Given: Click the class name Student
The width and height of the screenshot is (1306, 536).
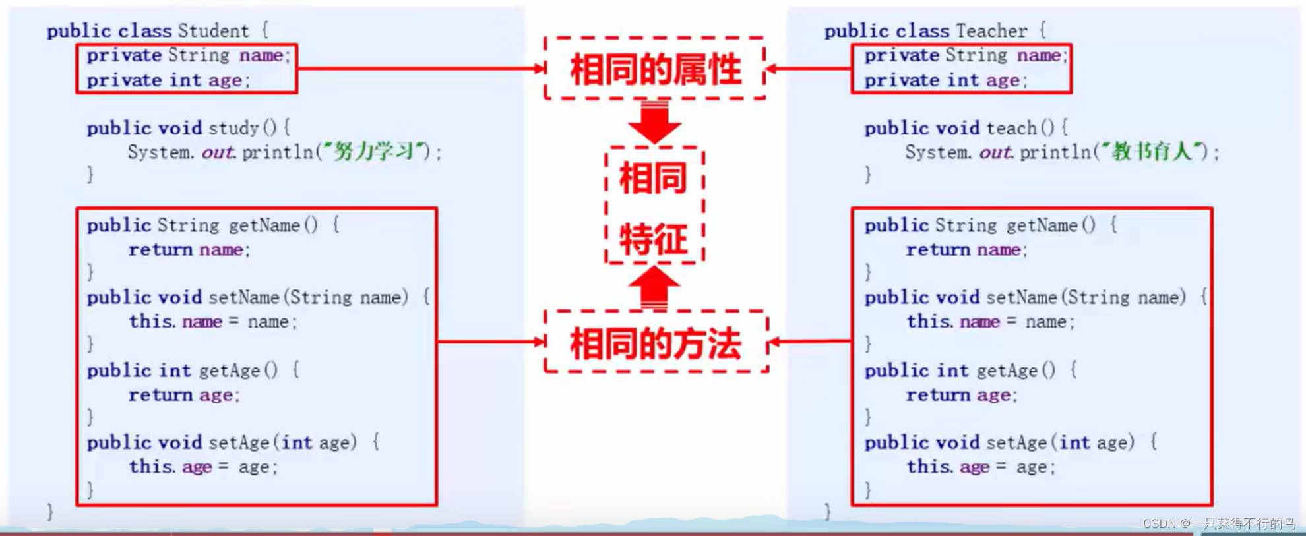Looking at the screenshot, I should pyautogui.click(x=213, y=31).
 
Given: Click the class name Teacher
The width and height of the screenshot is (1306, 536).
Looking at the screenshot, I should pyautogui.click(x=991, y=31).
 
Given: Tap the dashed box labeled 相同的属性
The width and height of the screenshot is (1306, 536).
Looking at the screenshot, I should pyautogui.click(x=655, y=69).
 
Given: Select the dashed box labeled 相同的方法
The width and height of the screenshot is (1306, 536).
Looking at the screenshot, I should pyautogui.click(x=656, y=342).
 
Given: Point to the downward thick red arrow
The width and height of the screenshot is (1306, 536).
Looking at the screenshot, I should pyautogui.click(x=654, y=122).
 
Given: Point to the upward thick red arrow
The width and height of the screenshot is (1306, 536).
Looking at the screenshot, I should pyautogui.click(x=654, y=287).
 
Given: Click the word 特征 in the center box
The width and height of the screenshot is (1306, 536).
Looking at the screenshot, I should pyautogui.click(x=654, y=239).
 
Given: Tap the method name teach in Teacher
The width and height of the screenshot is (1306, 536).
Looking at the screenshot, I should pyautogui.click(x=1011, y=128).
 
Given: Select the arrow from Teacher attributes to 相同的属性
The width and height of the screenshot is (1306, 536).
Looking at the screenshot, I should pyautogui.click(x=809, y=68).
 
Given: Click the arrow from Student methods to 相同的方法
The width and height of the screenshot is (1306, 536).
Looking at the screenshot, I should pyautogui.click(x=491, y=342).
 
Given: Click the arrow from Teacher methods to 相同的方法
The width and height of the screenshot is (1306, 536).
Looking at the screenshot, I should pyautogui.click(x=810, y=341).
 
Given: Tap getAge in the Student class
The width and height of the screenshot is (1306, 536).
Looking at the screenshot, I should pyautogui.click(x=230, y=371).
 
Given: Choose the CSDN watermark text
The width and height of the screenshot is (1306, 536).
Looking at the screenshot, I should pyautogui.click(x=1218, y=523).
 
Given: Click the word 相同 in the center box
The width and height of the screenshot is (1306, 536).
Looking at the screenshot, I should pyautogui.click(x=654, y=178).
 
